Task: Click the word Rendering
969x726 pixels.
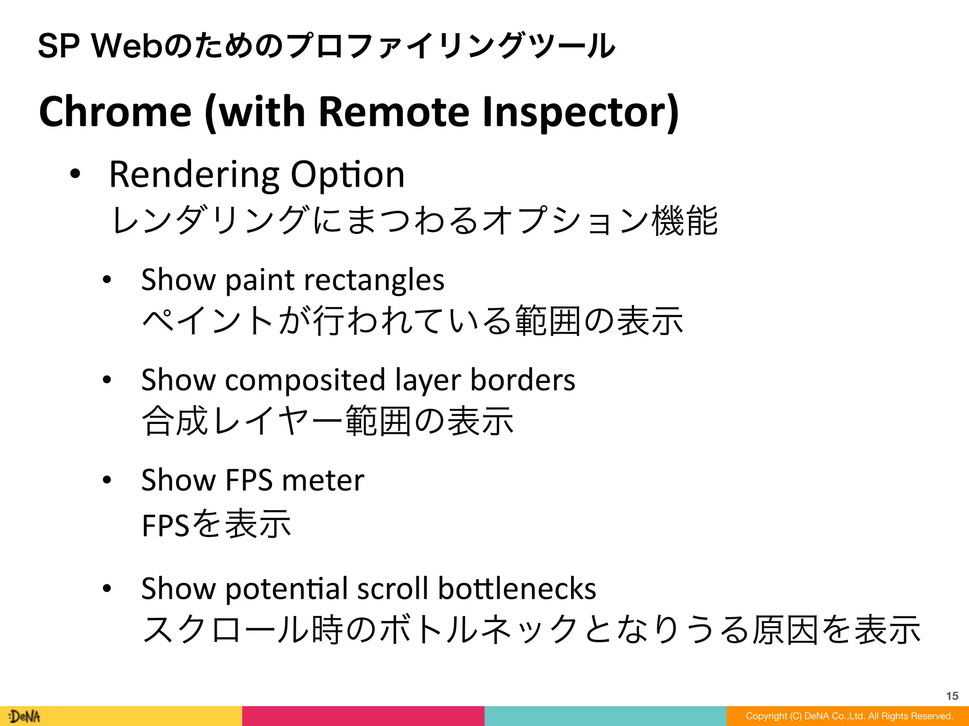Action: [x=194, y=175]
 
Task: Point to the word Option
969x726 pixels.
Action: [x=347, y=175]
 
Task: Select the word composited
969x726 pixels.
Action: [x=305, y=380]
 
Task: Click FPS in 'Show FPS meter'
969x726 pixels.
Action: [x=249, y=480]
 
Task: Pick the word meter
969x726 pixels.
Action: [x=323, y=480]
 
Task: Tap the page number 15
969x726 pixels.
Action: [x=952, y=696]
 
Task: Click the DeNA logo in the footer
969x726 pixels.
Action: [x=25, y=716]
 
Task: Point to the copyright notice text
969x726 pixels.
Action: [x=849, y=716]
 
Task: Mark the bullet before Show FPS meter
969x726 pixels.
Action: [x=107, y=480]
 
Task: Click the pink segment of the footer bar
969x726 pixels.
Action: [x=363, y=716]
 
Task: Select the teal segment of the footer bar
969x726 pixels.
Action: [x=605, y=716]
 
